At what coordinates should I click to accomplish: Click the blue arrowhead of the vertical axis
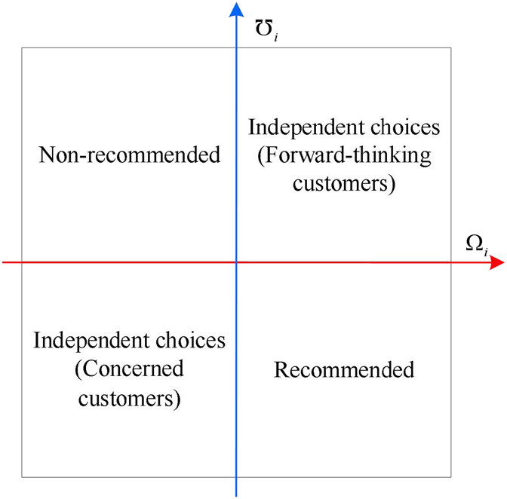click(x=236, y=10)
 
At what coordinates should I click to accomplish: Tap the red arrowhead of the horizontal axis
click(x=497, y=262)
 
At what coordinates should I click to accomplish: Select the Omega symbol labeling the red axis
click(x=475, y=243)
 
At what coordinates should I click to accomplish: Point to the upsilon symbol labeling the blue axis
click(x=263, y=28)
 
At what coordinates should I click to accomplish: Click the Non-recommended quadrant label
click(x=129, y=155)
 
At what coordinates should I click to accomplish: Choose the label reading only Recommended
click(x=344, y=369)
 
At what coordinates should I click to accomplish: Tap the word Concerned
click(x=134, y=369)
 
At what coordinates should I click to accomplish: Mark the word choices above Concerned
click(x=190, y=341)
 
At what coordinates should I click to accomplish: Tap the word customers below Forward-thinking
click(x=340, y=184)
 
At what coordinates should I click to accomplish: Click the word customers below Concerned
click(x=126, y=398)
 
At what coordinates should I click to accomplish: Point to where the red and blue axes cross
click(x=236, y=262)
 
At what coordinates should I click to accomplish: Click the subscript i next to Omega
click(x=486, y=251)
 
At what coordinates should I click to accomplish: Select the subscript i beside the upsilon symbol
click(x=276, y=36)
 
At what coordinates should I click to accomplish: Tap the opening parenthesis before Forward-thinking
click(x=261, y=156)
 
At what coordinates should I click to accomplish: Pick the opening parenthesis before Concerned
click(x=78, y=369)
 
